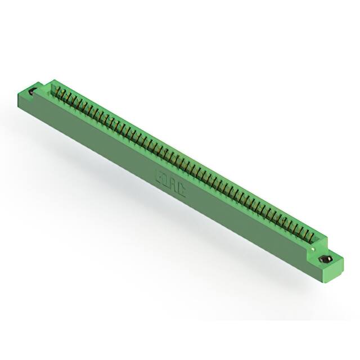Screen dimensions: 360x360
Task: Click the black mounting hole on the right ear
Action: tap(325, 260)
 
